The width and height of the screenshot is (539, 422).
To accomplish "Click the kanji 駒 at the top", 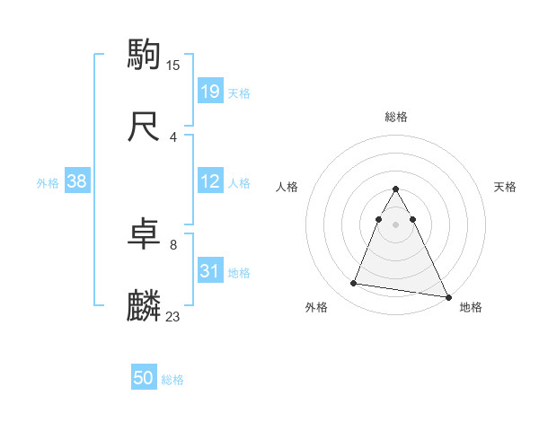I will tap(144, 54).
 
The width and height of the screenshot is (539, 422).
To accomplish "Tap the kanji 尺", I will tap(144, 127).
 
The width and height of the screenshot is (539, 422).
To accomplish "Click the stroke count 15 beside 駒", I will tap(173, 65).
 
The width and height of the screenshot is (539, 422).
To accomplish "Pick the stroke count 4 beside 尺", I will tap(173, 137).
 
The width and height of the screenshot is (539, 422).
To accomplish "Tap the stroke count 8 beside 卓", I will tap(173, 245).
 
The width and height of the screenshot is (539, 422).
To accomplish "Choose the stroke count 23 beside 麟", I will tap(173, 317).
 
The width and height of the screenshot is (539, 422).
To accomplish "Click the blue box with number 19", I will tap(209, 91).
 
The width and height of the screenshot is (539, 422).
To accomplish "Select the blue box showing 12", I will tap(209, 181).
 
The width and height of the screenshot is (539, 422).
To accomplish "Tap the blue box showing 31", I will tap(209, 271).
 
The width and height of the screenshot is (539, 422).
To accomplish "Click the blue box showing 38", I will tap(77, 181).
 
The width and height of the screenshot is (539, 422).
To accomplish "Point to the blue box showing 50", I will tap(144, 379).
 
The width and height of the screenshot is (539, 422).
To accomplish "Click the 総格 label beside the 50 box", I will tap(172, 380).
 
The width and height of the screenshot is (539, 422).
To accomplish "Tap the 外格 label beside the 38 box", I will tap(48, 182).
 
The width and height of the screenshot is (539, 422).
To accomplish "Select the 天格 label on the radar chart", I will tap(505, 187).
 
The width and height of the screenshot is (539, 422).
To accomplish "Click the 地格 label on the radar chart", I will tap(471, 307).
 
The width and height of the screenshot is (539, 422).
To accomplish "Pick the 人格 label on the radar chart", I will tap(287, 187).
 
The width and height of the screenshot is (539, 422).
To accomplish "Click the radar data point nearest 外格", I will tap(354, 284).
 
